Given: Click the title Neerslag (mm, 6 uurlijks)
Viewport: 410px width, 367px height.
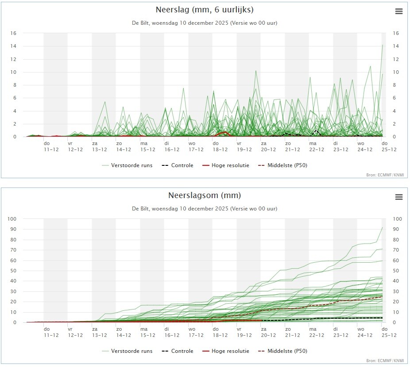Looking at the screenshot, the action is [205, 10].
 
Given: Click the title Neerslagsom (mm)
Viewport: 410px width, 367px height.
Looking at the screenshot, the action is [205, 195].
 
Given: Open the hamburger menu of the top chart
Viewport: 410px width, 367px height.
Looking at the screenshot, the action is [399, 11].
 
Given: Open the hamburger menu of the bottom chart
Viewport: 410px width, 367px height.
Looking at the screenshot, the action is [399, 197].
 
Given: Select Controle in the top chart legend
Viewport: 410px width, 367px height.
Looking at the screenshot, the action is [178, 165].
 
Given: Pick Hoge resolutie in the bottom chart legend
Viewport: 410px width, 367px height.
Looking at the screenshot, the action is [226, 351].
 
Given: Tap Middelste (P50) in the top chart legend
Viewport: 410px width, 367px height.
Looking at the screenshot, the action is [282, 165].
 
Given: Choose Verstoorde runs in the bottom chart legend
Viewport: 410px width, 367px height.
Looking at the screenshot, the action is [127, 351].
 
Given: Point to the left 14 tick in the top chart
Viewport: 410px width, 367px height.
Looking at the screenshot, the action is [13, 46].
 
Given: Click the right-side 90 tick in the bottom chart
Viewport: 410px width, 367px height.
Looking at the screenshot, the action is [396, 229].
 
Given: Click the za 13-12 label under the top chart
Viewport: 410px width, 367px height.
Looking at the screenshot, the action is [99, 146].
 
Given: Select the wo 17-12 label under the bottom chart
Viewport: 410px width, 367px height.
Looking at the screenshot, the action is [196, 332].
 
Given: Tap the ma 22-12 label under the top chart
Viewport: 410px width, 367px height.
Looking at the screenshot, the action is [317, 146].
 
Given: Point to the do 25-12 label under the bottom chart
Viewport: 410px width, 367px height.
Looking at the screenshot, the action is [389, 332].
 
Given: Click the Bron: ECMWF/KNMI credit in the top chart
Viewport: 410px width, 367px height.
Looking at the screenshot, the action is [385, 175].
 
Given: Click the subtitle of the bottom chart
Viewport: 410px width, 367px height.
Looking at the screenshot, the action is [205, 209].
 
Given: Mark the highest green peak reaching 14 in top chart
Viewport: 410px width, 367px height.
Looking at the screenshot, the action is [383, 45].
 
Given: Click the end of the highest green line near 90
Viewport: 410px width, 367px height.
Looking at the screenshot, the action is [383, 228].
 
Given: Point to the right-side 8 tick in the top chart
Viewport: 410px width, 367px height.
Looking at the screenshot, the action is [396, 85].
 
